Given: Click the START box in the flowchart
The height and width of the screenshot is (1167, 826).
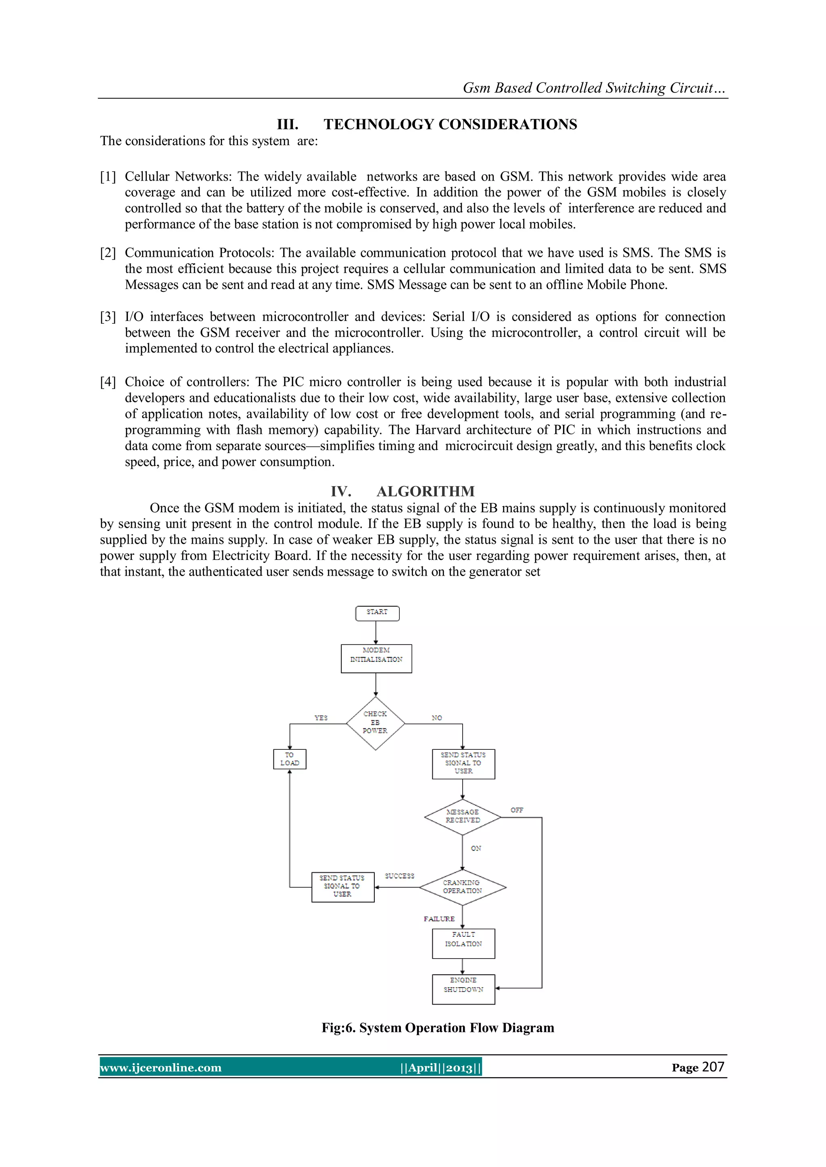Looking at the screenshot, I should click(x=377, y=613).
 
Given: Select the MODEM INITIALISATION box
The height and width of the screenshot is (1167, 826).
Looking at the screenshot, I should click(x=376, y=658).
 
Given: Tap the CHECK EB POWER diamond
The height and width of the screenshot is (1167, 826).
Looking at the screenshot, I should click(x=375, y=722).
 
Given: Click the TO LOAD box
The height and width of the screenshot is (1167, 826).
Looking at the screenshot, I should click(x=290, y=759).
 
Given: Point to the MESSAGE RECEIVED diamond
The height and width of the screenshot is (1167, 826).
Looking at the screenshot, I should click(x=462, y=816).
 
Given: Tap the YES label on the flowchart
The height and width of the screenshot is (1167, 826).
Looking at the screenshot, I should click(x=321, y=718).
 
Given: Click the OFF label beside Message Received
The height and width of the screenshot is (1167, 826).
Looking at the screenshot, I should click(x=517, y=810).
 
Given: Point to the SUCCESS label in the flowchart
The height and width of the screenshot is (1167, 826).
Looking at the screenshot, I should click(x=399, y=876).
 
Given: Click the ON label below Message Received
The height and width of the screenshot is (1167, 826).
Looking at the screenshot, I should click(x=476, y=848).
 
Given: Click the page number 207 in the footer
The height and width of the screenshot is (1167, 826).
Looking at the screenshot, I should click(x=713, y=1067).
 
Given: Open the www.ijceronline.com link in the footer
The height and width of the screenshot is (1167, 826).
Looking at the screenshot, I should click(x=161, y=1067).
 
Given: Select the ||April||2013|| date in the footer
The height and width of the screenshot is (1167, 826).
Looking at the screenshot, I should click(x=440, y=1067).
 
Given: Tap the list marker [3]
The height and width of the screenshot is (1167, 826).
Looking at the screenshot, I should click(x=108, y=317).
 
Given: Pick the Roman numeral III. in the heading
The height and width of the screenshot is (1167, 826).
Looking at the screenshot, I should click(x=288, y=124).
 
